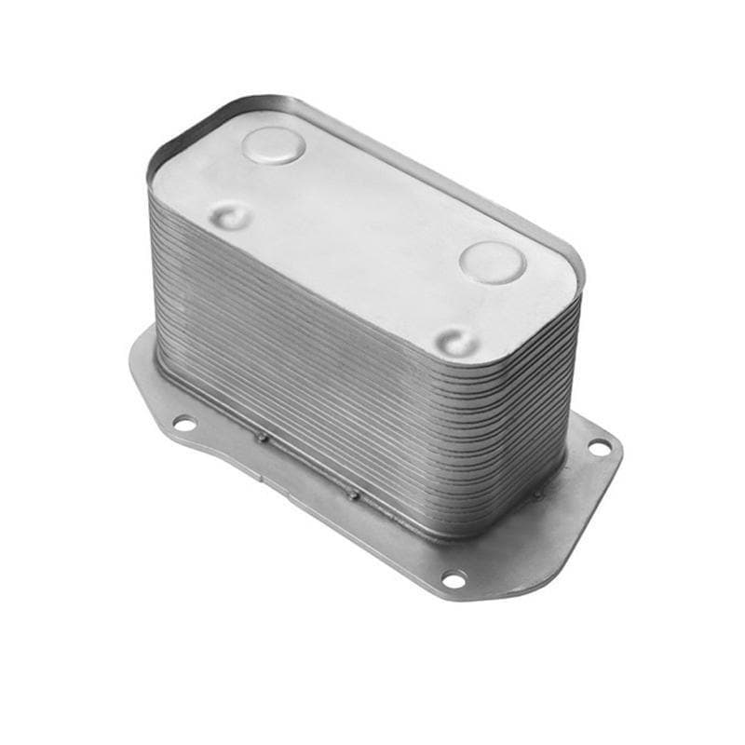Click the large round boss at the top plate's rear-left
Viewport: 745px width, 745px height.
273,145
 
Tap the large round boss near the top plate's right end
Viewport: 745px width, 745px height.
492,262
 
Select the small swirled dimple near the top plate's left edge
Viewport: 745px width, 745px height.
230,217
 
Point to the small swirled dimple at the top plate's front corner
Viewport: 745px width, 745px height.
458,342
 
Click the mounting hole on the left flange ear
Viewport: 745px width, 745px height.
184,424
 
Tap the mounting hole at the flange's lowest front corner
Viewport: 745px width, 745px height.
454,579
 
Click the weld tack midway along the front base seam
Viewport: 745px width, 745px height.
355,494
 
